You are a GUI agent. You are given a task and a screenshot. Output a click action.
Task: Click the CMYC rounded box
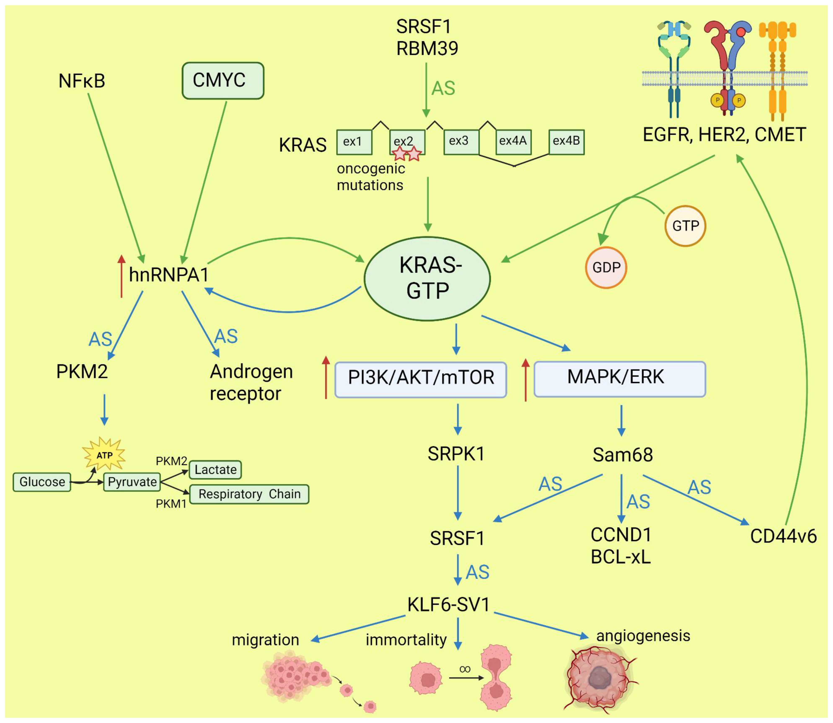(x=223, y=80)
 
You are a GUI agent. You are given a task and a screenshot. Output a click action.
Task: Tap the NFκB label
(x=82, y=81)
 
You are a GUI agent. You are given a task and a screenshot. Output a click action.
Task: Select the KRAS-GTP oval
(x=427, y=278)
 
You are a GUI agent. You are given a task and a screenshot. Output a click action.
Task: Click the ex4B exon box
(x=566, y=142)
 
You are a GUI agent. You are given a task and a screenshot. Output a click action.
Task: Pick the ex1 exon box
(x=354, y=142)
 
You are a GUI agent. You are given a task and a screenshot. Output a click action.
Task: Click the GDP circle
(x=606, y=267)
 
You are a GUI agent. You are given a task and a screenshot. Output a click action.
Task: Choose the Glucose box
(x=42, y=482)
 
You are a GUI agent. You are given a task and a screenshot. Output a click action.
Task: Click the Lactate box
(x=216, y=470)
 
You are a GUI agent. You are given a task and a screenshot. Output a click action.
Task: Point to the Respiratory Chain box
(x=249, y=494)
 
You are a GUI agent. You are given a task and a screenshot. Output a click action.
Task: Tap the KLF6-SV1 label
(x=449, y=604)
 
